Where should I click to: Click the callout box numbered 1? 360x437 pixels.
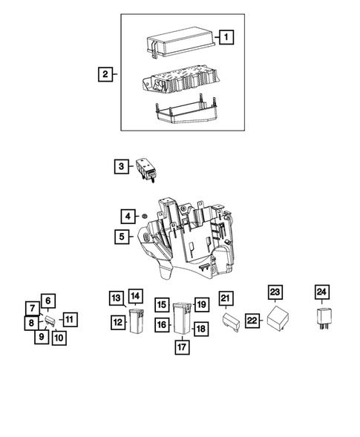click(226, 36)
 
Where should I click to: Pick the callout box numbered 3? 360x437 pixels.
click(121, 167)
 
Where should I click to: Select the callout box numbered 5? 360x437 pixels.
click(121, 237)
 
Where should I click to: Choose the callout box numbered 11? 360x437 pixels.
click(69, 320)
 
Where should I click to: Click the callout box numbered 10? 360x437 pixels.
click(59, 337)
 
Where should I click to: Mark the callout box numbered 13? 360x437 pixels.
click(116, 298)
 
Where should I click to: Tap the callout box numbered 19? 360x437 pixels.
click(200, 304)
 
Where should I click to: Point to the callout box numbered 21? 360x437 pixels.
click(226, 300)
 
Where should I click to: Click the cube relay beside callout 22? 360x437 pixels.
click(275, 318)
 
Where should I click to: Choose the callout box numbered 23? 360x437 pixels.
click(275, 292)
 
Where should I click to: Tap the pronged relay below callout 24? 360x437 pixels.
click(322, 319)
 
